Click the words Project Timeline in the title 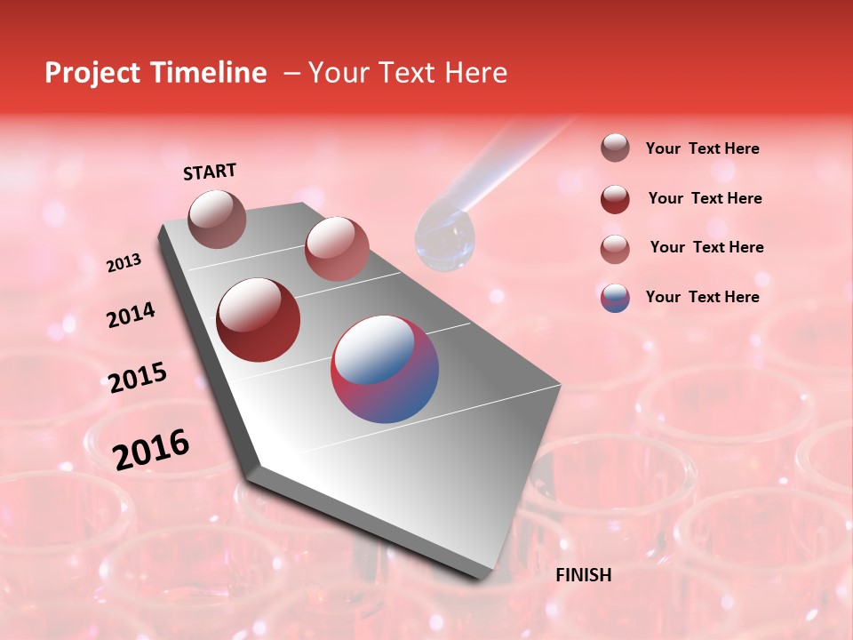pos(155,73)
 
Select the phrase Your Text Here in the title pos(408,73)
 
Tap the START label pos(210,172)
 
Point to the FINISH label pos(583,575)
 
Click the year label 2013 pos(124,263)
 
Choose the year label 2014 pos(131,315)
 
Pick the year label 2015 pos(138,377)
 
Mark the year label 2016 pos(151,449)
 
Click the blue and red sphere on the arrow pos(385,369)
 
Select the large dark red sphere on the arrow pos(259,320)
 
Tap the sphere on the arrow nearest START pos(218,219)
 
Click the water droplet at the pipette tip pos(445,241)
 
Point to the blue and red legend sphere pos(615,298)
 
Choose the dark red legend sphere pos(615,199)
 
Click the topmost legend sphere pos(615,148)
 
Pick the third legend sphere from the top pos(615,249)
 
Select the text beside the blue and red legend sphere pos(702,297)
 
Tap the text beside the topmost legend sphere pos(702,148)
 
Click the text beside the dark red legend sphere pos(705,198)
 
